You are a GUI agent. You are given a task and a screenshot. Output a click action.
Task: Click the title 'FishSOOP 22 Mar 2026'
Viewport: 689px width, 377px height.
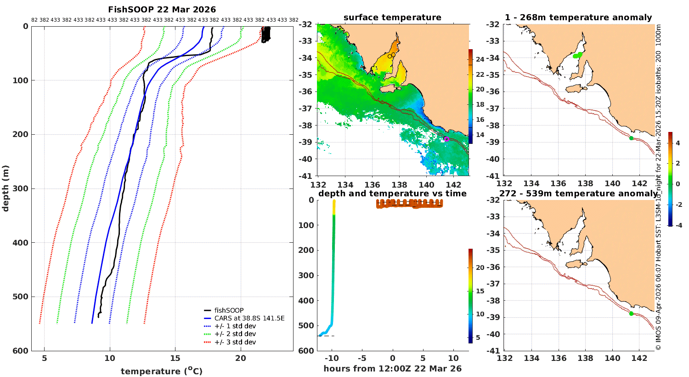pos(162,9)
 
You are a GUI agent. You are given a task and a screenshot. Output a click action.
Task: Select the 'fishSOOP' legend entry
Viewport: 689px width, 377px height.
pos(229,310)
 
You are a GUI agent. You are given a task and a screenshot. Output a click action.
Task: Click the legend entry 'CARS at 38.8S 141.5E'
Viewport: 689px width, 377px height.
pos(249,318)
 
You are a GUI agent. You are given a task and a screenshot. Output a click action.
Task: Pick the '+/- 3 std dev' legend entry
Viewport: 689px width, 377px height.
pos(235,342)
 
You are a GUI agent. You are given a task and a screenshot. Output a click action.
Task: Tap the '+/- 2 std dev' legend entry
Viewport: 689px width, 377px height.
pos(235,334)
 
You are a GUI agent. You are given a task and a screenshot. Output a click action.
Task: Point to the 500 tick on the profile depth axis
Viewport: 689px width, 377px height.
pos(19,297)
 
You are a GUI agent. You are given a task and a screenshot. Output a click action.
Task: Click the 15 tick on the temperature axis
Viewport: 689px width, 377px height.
pos(175,359)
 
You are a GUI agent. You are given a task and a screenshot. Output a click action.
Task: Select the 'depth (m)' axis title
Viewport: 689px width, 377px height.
pos(6,188)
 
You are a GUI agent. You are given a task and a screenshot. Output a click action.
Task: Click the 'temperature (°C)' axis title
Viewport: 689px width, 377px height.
pos(162,371)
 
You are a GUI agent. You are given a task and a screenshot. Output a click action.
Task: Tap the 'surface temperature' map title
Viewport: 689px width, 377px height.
pos(392,17)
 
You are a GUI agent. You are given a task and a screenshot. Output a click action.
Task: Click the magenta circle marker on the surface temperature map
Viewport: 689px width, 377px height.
pos(446,139)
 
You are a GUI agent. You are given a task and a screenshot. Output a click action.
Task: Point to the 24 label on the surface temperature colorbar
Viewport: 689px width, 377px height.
pos(480,59)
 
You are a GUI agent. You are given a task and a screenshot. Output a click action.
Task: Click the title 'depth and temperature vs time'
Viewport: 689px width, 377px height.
pos(392,194)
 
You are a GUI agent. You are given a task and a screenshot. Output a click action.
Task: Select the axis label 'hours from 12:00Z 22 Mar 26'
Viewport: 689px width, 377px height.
pos(392,369)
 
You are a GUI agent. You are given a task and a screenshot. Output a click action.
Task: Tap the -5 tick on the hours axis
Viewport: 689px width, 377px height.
pos(362,359)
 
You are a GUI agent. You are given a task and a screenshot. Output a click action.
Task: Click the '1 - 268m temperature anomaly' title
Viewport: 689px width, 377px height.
pos(578,17)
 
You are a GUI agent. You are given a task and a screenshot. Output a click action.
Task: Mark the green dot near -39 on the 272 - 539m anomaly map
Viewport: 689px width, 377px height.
pos(631,314)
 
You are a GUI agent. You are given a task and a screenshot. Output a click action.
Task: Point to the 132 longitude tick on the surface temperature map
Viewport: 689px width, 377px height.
pos(318,184)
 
